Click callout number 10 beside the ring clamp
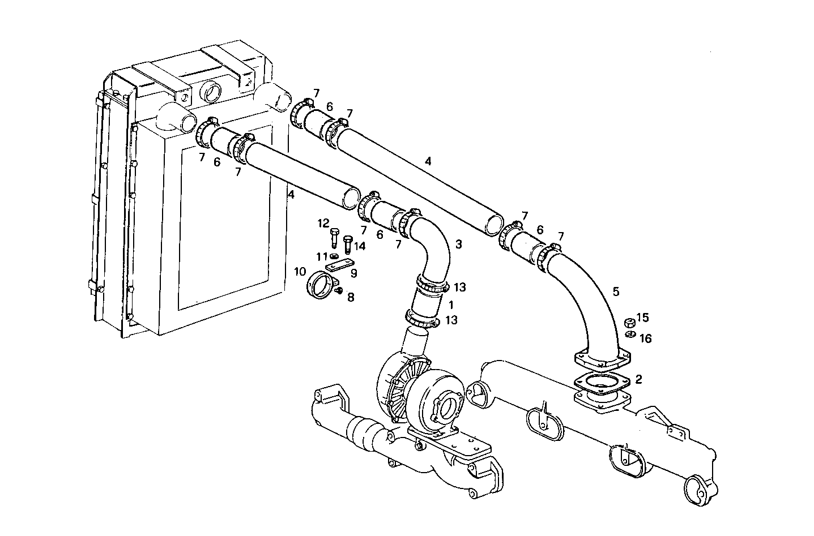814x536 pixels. tap(300, 272)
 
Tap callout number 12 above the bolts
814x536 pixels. tap(323, 224)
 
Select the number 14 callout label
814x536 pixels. tap(360, 246)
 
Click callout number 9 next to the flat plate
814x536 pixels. tap(353, 273)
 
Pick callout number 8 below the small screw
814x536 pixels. tap(350, 297)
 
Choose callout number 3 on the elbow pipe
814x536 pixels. tap(459, 245)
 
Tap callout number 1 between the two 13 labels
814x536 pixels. tap(451, 305)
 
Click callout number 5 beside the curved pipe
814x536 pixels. tap(616, 291)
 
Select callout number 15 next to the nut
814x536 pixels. tap(642, 318)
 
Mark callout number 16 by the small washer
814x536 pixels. tap(645, 338)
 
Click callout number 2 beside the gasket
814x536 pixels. tap(638, 379)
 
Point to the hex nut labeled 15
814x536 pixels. tap(628, 323)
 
